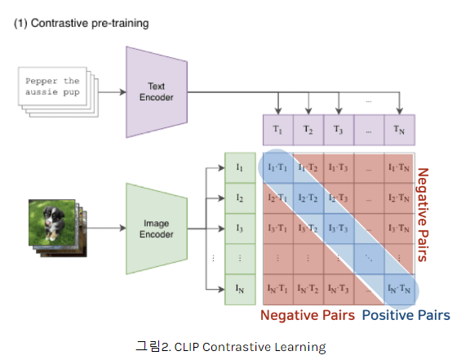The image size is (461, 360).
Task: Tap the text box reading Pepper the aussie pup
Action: [x=52, y=87]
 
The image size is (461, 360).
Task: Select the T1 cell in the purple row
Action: [x=277, y=129]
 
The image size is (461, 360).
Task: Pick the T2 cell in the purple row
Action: [x=308, y=129]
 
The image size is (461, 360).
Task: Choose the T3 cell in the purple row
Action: [x=338, y=129]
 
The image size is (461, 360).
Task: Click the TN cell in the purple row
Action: [x=399, y=129]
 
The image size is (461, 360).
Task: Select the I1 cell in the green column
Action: [x=240, y=167]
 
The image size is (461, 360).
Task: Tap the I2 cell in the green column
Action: [x=240, y=197]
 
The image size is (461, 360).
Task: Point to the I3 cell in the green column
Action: [x=240, y=228]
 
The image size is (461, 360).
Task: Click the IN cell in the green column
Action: [x=240, y=289]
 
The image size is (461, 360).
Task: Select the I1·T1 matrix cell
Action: [x=277, y=167]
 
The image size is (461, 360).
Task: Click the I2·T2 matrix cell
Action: [x=308, y=198]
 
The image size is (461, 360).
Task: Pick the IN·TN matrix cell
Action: [x=399, y=289]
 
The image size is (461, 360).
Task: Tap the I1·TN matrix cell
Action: [x=399, y=167]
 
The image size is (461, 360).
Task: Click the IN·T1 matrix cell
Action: [x=277, y=289]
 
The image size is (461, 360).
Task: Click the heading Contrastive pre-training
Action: [x=82, y=23]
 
